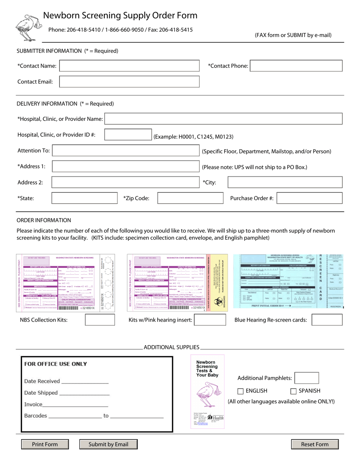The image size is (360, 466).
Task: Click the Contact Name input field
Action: click(129, 66)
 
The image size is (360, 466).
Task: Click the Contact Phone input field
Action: click(296, 66)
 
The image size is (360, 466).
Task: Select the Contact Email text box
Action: click(129, 81)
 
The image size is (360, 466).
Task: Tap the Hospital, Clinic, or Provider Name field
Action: click(223, 119)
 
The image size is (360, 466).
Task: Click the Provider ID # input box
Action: click(128, 135)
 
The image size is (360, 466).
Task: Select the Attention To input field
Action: click(125, 151)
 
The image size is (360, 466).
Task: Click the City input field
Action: click(285, 182)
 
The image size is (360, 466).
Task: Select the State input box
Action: click(85, 198)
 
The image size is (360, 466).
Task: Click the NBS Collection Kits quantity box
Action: click(100, 320)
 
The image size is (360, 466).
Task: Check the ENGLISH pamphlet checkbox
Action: click(240, 391)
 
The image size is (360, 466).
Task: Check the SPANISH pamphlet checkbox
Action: click(293, 391)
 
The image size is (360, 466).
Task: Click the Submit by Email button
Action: click(108, 444)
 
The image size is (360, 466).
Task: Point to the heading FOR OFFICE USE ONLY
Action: click(56, 364)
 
